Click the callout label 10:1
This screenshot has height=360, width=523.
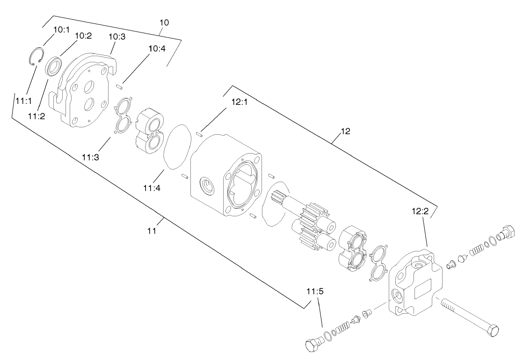tap(61, 29)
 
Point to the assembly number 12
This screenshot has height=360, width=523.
tap(345, 132)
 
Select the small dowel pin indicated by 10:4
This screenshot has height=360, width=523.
tap(120, 86)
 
